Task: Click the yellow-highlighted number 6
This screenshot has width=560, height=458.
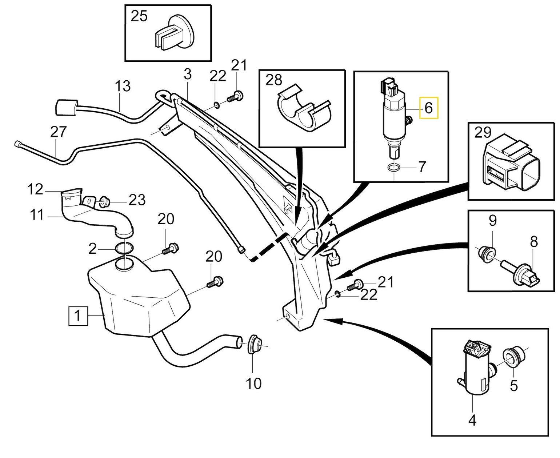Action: tap(429, 108)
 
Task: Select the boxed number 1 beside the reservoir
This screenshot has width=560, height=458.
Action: tap(78, 315)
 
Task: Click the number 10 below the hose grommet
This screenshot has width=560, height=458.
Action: tap(253, 383)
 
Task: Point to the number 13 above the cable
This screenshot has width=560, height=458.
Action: tap(123, 86)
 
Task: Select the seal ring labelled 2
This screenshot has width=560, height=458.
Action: tap(124, 249)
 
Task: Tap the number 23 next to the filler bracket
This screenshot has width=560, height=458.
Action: tap(137, 200)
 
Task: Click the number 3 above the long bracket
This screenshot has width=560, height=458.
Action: tap(187, 75)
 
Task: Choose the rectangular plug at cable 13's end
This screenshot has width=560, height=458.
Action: tap(65, 107)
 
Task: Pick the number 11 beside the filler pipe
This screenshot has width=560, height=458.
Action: tap(37, 215)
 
